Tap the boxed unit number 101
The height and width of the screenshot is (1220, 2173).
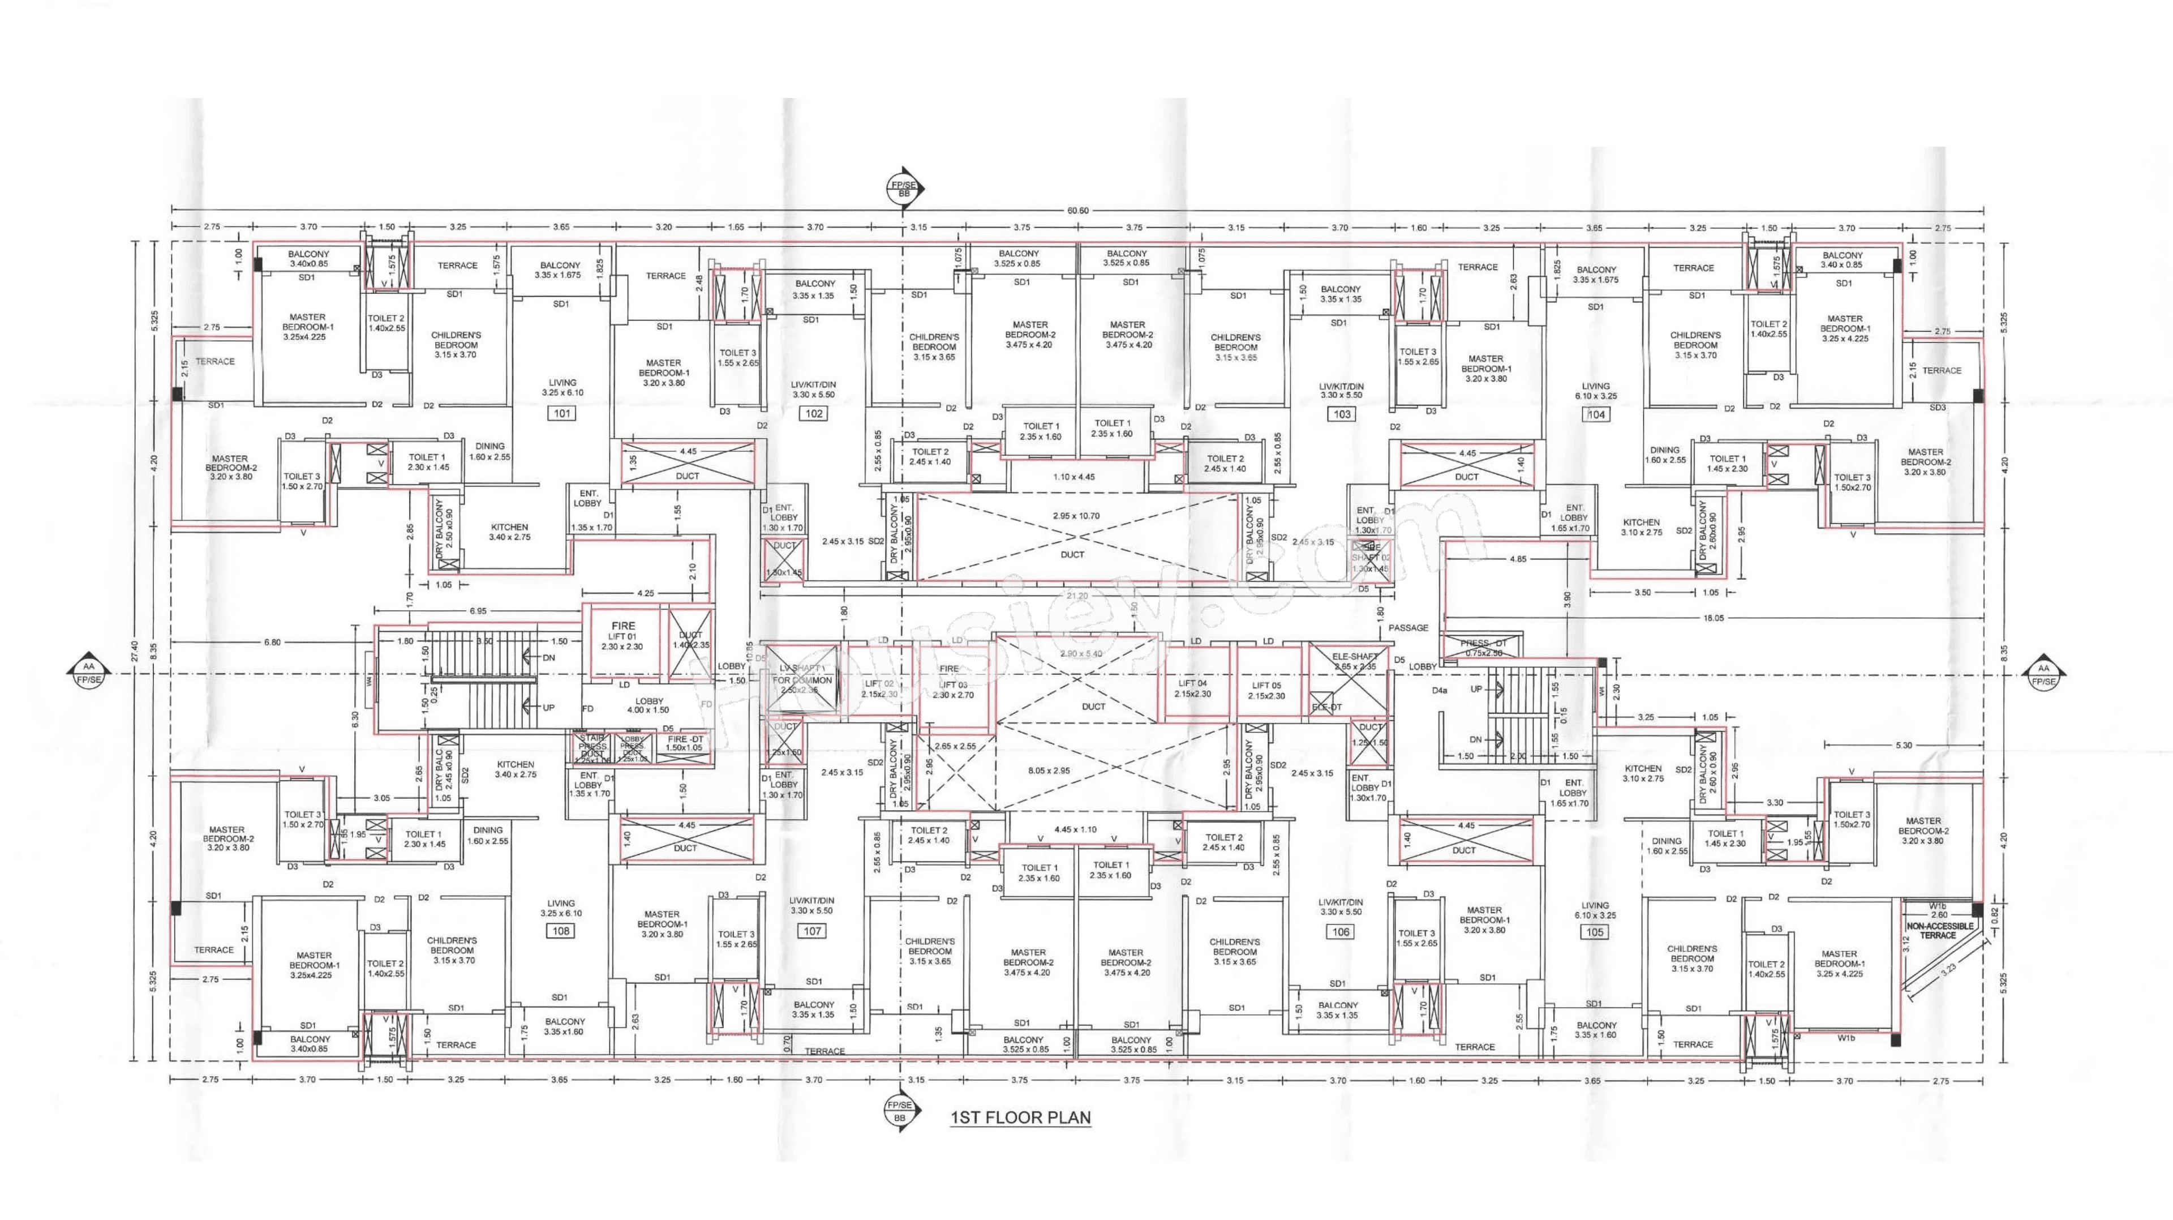[562, 413]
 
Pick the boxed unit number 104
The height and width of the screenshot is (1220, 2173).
[1596, 414]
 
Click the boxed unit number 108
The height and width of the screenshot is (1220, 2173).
[561, 931]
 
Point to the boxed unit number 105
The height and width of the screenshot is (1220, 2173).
[1594, 932]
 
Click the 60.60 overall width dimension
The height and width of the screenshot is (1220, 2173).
[1077, 210]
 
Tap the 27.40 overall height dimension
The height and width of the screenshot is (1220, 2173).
[134, 650]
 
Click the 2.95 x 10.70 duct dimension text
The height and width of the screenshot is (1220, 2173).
[1076, 516]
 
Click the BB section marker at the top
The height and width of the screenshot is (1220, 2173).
[904, 189]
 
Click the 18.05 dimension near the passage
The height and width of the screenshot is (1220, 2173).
[1712, 618]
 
